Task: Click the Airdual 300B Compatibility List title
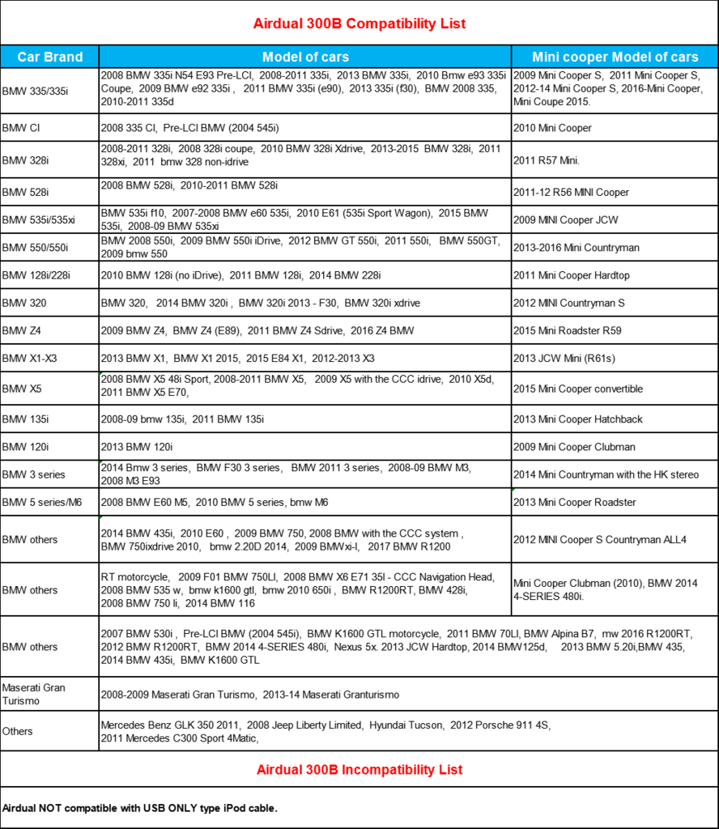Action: click(x=359, y=23)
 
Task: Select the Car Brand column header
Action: click(x=50, y=57)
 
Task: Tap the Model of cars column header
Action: click(x=305, y=57)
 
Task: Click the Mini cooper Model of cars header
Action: click(x=615, y=57)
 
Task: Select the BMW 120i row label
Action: click(x=23, y=447)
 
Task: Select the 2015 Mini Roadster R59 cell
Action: click(x=567, y=331)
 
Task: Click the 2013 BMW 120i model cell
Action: click(x=137, y=447)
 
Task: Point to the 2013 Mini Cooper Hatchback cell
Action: click(x=577, y=419)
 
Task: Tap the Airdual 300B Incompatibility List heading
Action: click(x=359, y=769)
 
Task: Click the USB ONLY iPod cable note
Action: click(x=140, y=808)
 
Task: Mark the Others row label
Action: click(x=18, y=731)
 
